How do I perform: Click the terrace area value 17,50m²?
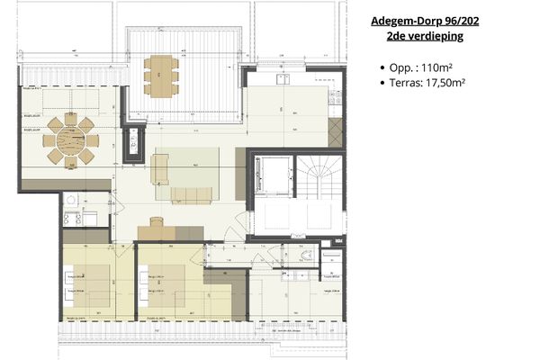451,83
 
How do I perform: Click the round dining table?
71,140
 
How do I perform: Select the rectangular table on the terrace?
160,75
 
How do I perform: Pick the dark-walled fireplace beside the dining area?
133,142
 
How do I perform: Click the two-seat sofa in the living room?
159,168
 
